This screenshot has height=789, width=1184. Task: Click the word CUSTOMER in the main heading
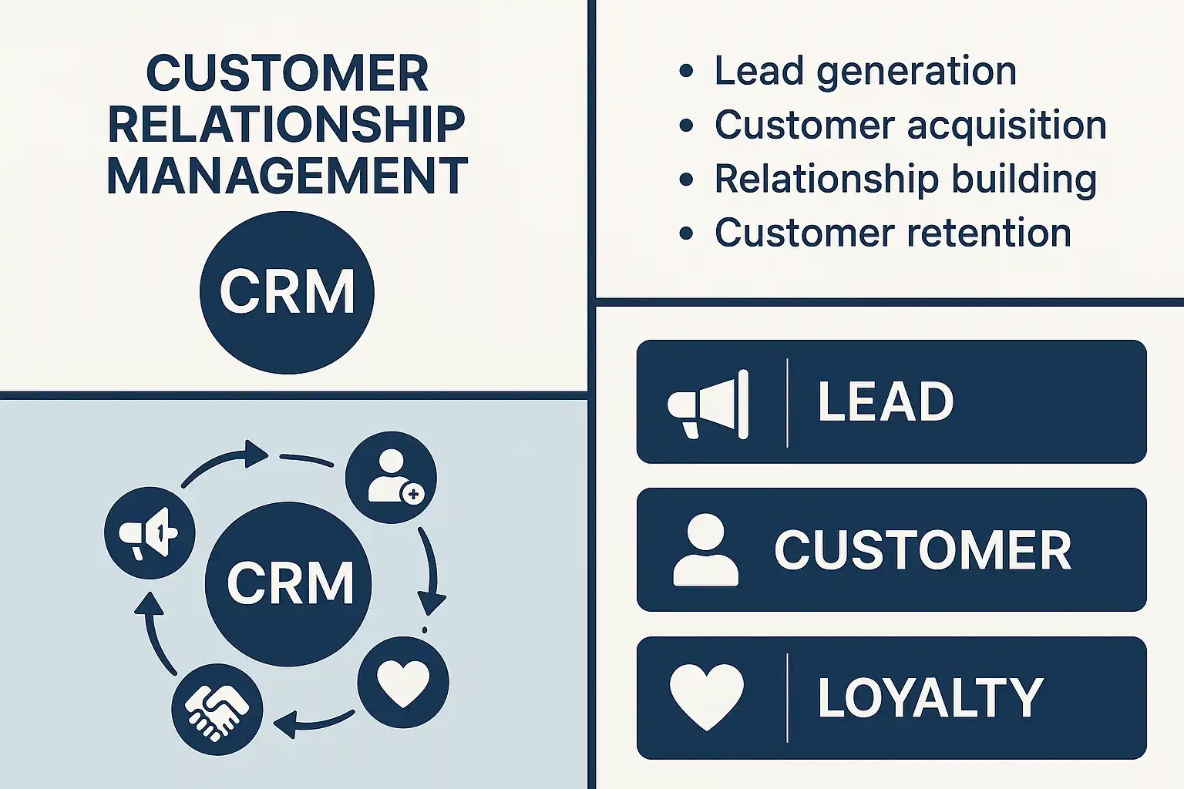287,74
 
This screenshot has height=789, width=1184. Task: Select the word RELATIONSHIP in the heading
287,125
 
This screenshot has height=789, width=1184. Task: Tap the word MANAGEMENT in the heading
287,176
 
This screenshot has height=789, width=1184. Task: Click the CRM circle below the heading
287,293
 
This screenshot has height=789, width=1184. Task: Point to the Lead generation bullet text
865,72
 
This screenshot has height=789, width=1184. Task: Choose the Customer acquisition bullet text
910,126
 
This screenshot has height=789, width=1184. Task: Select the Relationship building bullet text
905,180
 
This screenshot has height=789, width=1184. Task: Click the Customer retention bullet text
893,233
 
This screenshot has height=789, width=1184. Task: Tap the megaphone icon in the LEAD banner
708,404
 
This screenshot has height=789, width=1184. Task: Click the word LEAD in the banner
886,402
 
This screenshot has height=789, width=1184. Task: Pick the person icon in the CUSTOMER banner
705,550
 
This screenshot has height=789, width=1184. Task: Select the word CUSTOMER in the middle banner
923,550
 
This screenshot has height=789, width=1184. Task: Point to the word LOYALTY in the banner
930,698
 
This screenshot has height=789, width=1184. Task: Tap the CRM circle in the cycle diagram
289,583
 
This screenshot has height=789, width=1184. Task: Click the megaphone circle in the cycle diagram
150,532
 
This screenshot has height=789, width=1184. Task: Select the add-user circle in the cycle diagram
391,478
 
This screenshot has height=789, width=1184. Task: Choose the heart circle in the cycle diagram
403,683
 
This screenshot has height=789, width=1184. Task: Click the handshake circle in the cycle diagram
217,710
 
